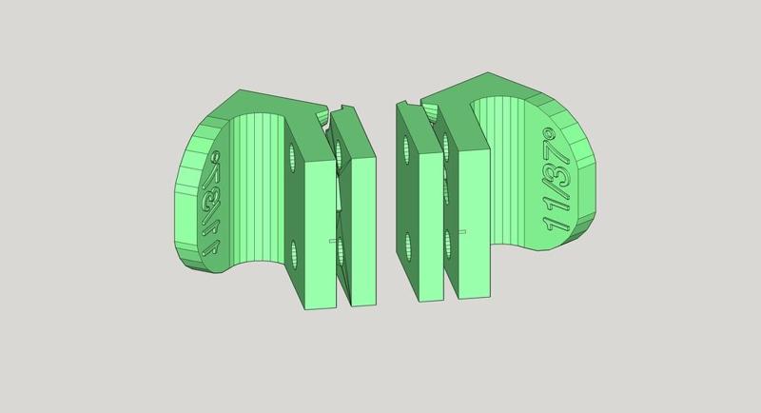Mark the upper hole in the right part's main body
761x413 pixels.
click(447, 145)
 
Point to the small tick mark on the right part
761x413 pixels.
click(459, 232)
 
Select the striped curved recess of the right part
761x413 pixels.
click(504, 181)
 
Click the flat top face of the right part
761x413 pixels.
click(485, 90)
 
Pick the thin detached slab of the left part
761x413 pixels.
click(360, 228)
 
